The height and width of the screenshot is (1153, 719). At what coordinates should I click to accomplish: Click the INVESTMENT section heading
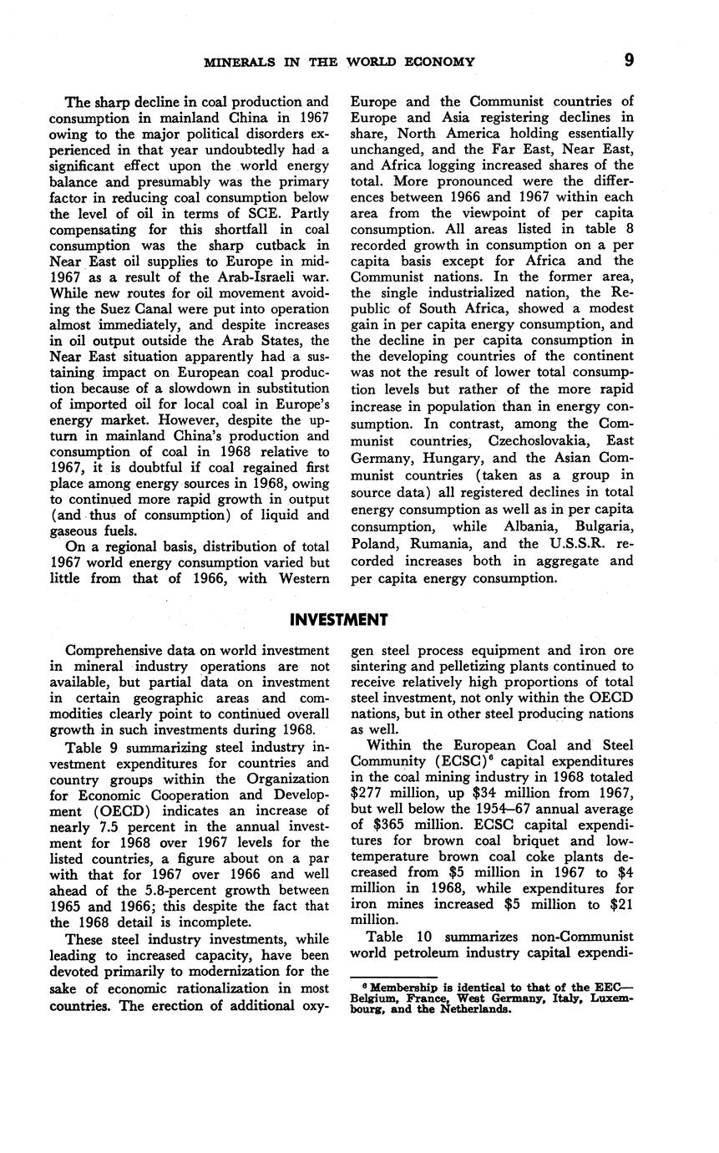[x=338, y=619]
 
